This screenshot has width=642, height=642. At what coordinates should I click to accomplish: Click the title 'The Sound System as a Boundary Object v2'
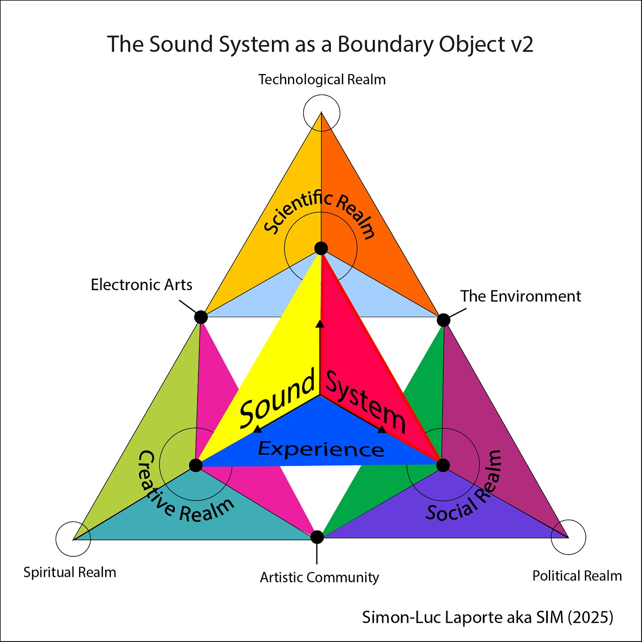[320, 45]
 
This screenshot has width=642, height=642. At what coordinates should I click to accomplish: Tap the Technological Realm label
[322, 80]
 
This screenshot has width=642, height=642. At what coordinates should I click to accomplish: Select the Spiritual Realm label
[70, 572]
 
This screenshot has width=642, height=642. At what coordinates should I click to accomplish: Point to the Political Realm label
[577, 576]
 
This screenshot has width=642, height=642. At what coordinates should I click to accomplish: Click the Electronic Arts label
[141, 284]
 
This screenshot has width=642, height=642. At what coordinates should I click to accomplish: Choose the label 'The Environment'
[520, 296]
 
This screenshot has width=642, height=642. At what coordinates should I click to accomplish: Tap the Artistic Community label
[319, 577]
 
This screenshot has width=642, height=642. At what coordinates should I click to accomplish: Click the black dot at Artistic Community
[317, 537]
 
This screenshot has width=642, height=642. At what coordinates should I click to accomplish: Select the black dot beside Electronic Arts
[201, 317]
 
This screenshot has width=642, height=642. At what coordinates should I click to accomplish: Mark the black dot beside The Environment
[443, 320]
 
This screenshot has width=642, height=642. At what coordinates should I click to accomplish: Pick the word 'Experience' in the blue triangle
[321, 449]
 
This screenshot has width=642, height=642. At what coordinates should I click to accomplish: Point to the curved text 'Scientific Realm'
[319, 212]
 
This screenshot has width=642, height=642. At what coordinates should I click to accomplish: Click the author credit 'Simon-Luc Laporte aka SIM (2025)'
[487, 617]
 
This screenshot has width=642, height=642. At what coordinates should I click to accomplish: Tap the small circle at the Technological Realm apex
[321, 113]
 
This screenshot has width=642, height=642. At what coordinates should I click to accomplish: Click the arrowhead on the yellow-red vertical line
[320, 324]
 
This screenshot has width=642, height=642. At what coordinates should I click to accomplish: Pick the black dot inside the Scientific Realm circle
[321, 248]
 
